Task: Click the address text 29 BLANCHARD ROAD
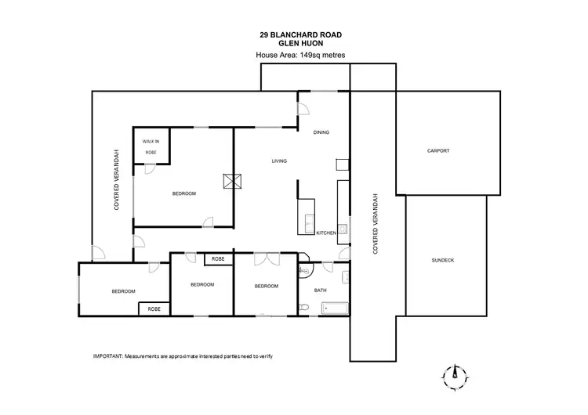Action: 302,34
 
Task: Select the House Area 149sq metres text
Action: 301,55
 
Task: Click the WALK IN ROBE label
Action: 150,145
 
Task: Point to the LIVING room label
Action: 279,161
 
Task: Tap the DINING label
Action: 321,132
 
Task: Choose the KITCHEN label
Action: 326,233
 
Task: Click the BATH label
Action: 320,290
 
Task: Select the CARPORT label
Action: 438,150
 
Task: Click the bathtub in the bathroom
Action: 333,308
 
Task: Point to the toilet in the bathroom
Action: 304,306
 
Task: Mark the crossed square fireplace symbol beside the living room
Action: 230,182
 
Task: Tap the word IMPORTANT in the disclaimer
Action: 107,356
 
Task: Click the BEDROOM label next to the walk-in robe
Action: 183,193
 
